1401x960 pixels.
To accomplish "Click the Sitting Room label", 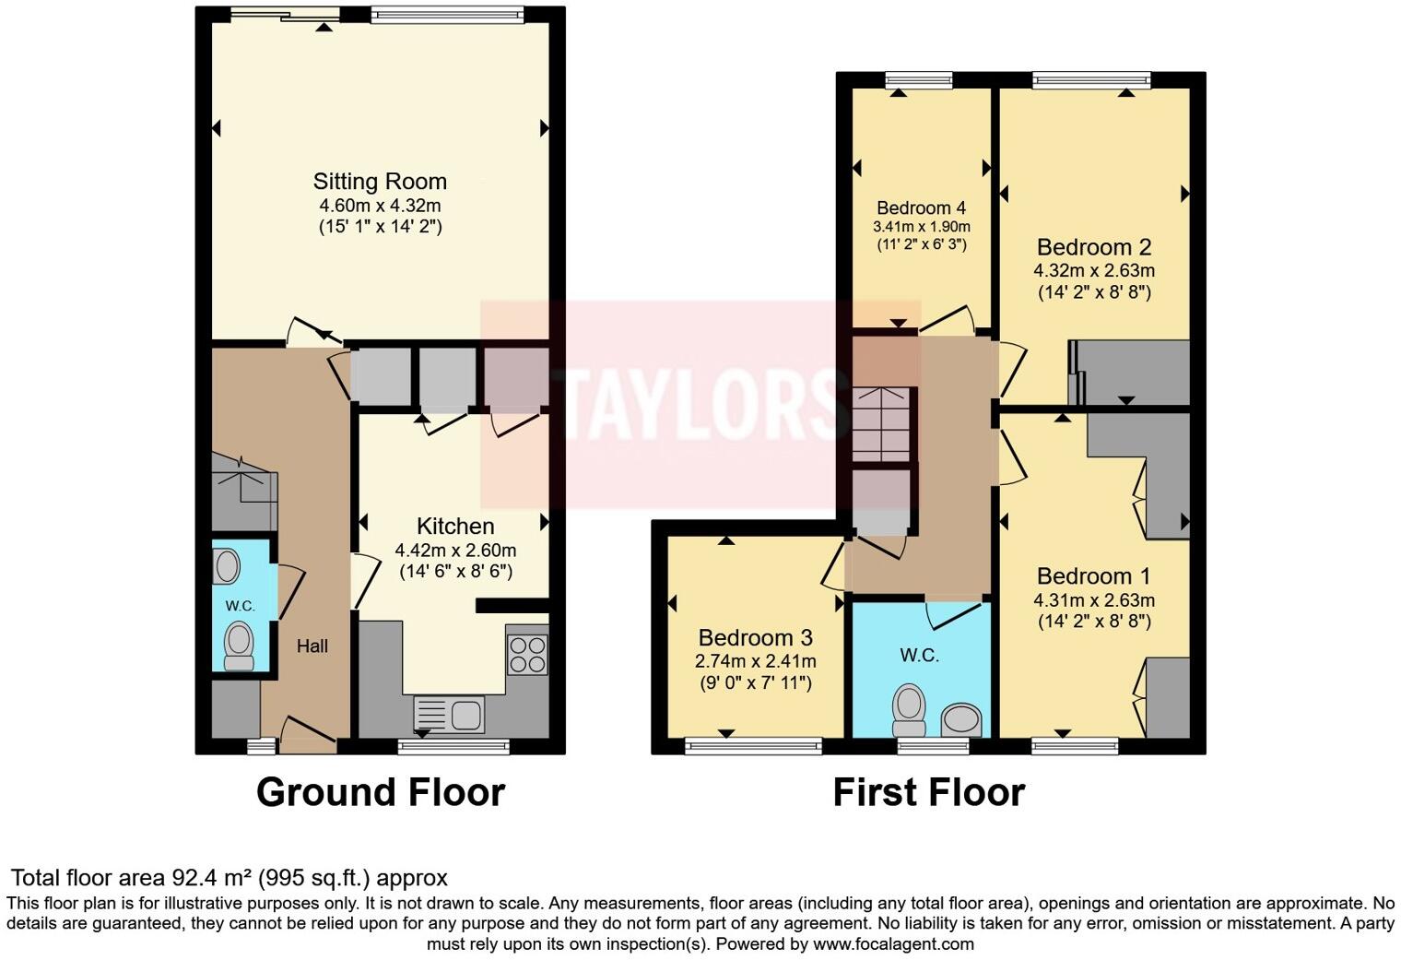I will click(380, 182).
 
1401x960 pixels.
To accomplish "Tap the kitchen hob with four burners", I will click(526, 655).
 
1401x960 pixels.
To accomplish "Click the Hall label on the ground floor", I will click(312, 646).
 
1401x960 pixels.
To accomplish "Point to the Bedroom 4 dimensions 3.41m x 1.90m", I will click(921, 227).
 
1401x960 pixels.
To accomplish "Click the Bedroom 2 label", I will click(1094, 247).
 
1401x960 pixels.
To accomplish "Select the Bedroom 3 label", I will click(755, 638).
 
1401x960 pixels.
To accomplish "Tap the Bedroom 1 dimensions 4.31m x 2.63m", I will click(1094, 600).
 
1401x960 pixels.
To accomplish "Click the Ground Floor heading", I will click(380, 793).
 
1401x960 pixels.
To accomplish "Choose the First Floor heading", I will click(928, 793).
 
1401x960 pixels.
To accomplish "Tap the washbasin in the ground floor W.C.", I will click(227, 566).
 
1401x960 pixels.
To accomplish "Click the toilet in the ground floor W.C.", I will click(240, 644).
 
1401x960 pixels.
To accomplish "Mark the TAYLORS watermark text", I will click(700, 405).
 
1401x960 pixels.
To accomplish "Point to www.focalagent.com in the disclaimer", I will click(893, 944).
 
